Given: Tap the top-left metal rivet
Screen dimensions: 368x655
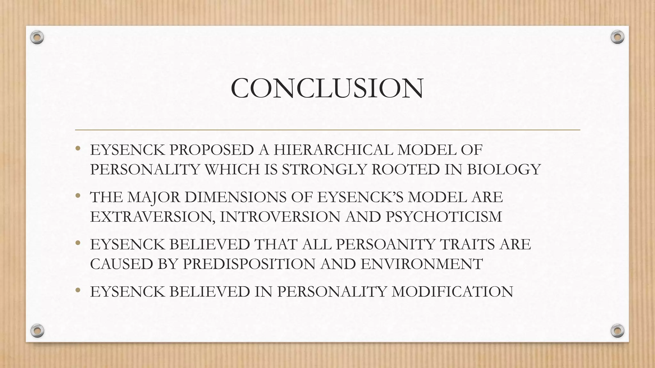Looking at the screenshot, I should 37,37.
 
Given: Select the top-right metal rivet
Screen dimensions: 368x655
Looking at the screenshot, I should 617,37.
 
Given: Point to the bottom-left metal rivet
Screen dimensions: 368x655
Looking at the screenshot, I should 37,331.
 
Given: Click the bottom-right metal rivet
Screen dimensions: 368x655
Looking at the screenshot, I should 617,331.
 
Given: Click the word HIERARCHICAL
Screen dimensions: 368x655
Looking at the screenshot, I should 333,150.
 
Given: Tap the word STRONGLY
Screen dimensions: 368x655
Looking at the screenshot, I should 324,169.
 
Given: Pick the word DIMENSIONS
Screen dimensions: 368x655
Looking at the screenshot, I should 235,197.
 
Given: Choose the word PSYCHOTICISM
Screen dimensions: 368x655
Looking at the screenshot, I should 444,217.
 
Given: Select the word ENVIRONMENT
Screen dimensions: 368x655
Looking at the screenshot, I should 422,264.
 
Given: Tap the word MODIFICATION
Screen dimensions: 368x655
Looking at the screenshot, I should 452,292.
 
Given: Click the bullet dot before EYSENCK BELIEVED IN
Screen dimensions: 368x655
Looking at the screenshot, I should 78,290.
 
